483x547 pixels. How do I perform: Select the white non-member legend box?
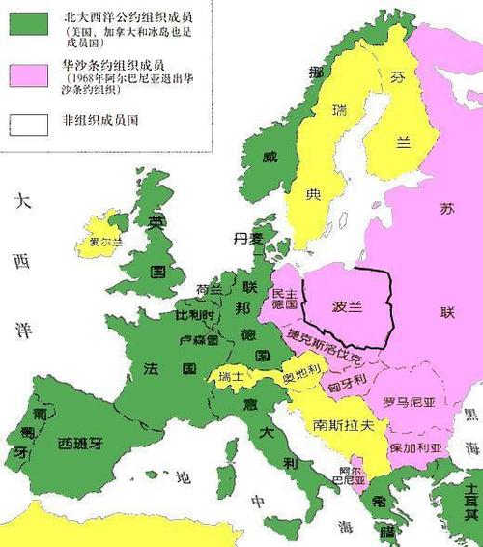29,125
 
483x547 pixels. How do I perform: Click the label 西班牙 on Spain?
79,444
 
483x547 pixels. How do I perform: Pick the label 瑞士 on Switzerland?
233,376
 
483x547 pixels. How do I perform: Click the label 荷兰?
210,289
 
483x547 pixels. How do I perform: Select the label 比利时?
194,315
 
